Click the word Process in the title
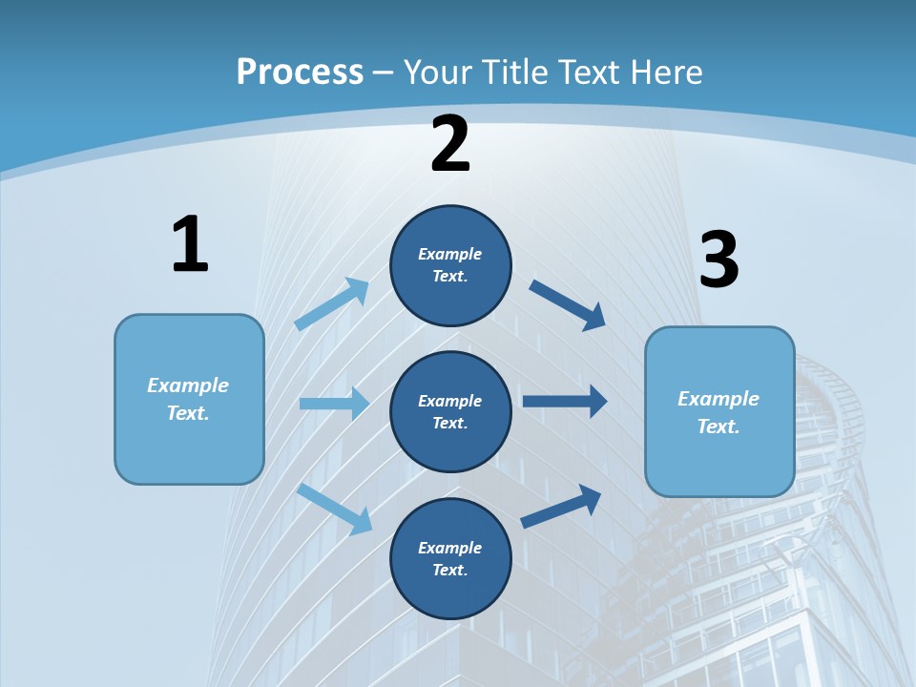point(300,73)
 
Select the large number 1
point(190,244)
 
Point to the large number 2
point(450,144)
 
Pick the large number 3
point(719,260)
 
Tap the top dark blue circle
point(450,265)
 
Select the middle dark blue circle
point(450,411)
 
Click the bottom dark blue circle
point(450,558)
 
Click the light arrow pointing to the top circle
point(332,303)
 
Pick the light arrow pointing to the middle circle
point(334,404)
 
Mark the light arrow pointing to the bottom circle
point(335,509)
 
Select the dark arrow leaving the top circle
point(568,304)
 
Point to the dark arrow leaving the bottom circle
point(561,506)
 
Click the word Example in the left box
point(188,385)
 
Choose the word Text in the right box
point(718,427)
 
